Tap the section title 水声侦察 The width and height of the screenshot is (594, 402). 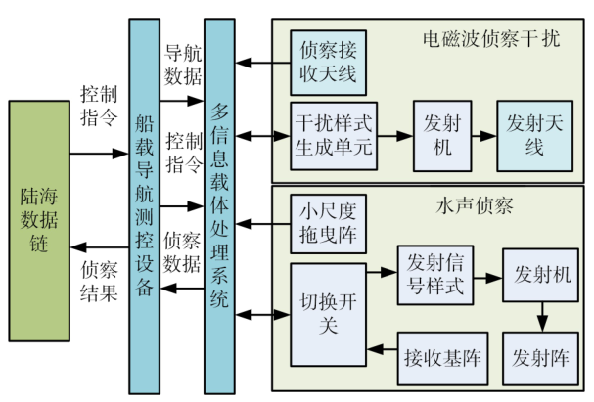pyautogui.click(x=464, y=207)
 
